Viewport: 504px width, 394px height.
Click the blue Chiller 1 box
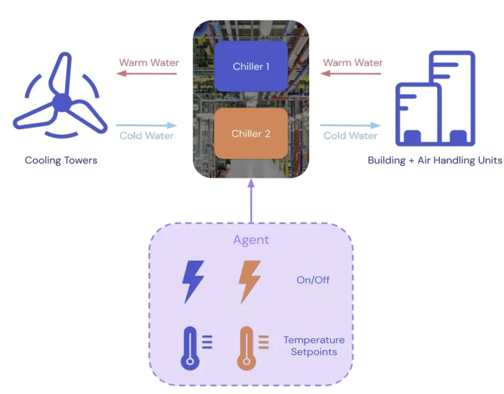[251, 66]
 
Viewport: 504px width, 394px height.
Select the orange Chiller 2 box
[251, 133]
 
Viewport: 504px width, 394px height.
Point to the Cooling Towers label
[61, 160]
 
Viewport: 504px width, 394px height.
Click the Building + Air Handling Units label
[435, 160]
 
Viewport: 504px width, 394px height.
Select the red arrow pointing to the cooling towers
[147, 74]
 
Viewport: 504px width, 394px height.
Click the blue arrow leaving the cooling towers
[146, 125]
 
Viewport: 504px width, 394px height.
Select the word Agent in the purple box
[251, 240]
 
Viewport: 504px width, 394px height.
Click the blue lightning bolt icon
[193, 281]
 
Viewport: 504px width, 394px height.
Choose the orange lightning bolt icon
[250, 281]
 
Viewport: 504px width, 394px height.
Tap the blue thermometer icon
[191, 347]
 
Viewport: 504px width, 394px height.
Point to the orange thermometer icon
[247, 347]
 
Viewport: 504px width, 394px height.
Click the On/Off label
[313, 280]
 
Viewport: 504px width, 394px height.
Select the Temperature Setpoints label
[314, 346]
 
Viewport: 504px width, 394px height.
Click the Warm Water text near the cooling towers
[149, 63]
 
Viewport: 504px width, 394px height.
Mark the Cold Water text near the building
[351, 136]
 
